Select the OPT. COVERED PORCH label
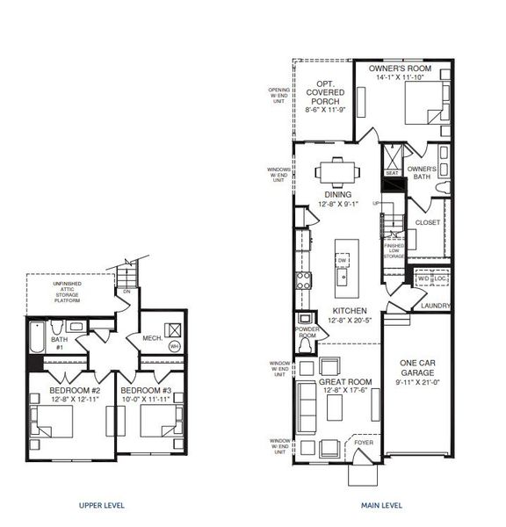coord(324,90)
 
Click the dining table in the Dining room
coord(337,170)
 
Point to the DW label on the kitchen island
coord(342,261)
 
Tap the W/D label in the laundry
coord(423,279)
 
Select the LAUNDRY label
coord(435,306)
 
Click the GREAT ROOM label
coord(344,382)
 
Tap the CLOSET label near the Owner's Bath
coord(428,222)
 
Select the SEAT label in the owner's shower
coord(392,173)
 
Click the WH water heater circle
coord(174,346)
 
